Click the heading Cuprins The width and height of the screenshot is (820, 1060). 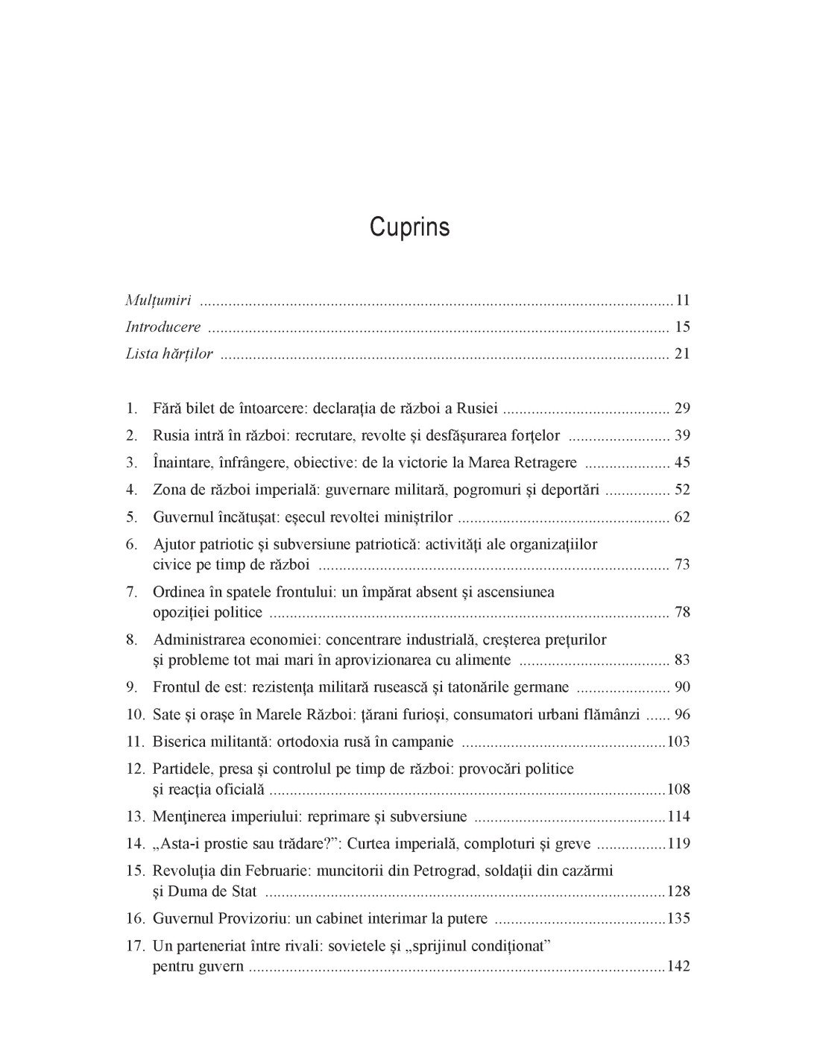[409, 227]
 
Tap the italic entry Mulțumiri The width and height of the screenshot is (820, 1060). [158, 300]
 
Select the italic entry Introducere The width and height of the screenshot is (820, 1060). [163, 326]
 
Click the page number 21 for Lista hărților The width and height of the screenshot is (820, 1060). [682, 353]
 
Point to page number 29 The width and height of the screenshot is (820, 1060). [682, 408]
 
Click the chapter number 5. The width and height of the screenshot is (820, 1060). [131, 517]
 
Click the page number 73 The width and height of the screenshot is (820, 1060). [682, 564]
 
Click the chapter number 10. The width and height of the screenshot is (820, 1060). [134, 714]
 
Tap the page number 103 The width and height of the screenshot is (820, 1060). [678, 742]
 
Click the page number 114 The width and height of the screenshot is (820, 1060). [678, 816]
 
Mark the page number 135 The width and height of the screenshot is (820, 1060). [678, 918]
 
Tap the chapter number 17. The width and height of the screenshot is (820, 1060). [134, 946]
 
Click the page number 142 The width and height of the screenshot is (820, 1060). [678, 966]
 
